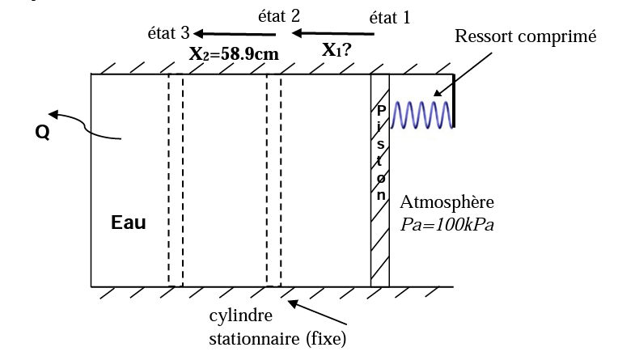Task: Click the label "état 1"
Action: point(390,18)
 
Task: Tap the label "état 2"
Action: point(279,15)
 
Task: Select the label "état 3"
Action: point(169,33)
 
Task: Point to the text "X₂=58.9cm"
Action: point(234,54)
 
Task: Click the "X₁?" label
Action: point(337,50)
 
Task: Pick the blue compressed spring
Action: point(421,115)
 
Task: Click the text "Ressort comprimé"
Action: point(525,36)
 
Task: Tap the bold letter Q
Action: point(43,133)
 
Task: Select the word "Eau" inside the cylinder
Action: point(129,222)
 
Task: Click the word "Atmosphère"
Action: point(447,202)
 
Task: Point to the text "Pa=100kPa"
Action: point(447,225)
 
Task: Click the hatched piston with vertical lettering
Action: point(380,180)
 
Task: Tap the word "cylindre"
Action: point(241,316)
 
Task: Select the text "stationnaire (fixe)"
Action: point(277,339)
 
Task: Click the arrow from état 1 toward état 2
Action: point(332,33)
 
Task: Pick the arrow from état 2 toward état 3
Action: point(235,34)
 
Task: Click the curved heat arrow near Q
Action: point(85,125)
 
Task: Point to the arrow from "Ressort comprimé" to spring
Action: point(463,74)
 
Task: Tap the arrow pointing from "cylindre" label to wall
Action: point(317,312)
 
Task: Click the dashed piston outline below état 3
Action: point(176,180)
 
